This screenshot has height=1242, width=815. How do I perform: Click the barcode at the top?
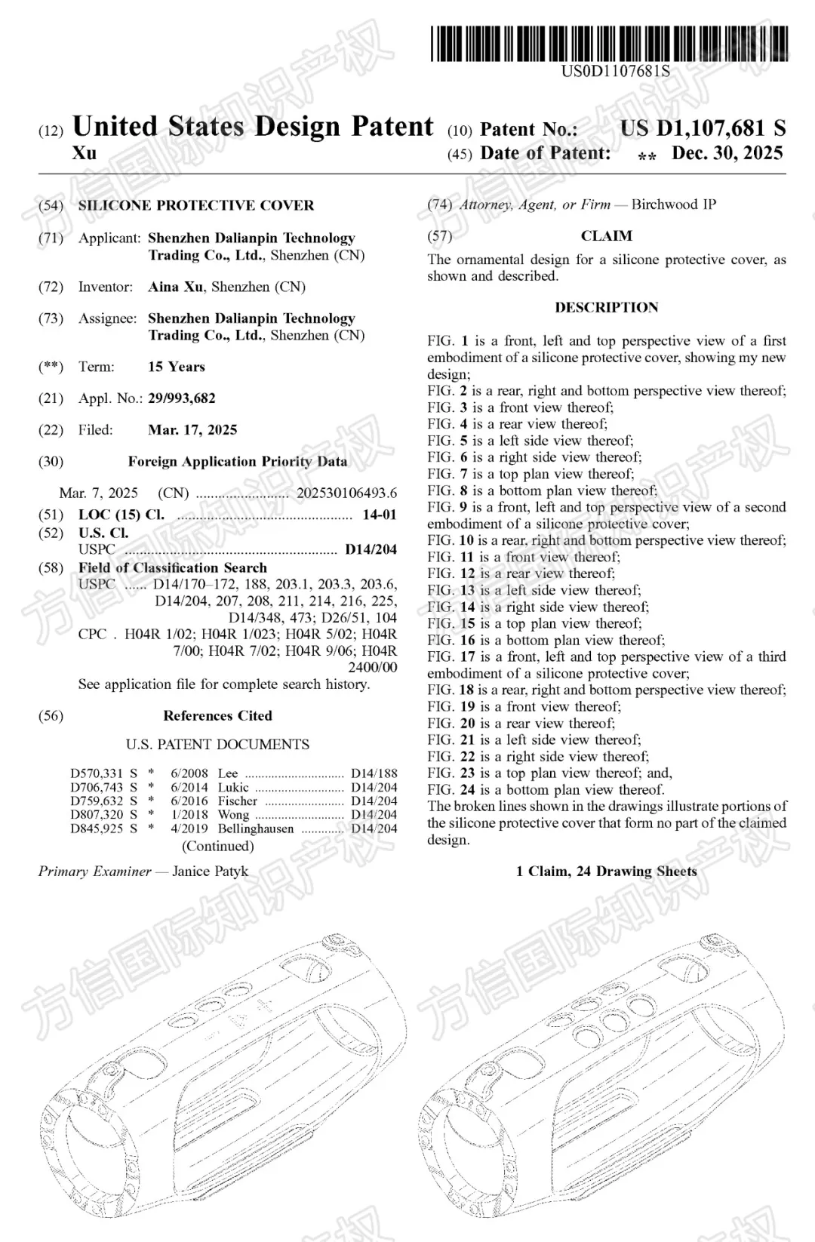coord(610,43)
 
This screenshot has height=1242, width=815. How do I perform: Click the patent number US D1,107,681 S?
coord(703,128)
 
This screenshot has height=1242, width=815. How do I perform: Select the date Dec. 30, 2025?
coord(727,153)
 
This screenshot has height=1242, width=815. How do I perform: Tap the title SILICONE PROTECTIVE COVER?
coord(196,205)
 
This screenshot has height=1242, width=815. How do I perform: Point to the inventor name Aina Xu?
coord(176,287)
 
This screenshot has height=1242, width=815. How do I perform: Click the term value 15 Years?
coord(177,367)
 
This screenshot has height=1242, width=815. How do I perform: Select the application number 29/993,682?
coord(182,398)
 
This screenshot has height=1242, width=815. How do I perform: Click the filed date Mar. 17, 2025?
coord(192,430)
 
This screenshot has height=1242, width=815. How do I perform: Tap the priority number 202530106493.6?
coord(346,493)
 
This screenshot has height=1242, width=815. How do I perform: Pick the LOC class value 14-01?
coord(379,515)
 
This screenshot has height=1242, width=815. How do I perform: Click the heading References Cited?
coord(217,715)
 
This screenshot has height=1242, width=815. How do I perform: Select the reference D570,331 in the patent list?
coord(97,773)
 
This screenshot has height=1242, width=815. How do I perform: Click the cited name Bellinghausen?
coord(256,829)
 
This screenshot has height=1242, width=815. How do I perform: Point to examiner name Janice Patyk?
coord(210,872)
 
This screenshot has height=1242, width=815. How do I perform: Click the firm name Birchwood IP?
coord(674,204)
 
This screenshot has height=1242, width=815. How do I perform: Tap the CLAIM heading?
coord(606,236)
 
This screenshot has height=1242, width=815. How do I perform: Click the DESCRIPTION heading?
coord(606,308)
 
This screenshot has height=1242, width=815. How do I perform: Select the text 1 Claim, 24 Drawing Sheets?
coord(606,872)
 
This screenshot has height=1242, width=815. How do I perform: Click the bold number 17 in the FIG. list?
coord(467,656)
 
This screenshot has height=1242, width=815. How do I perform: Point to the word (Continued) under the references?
coord(217,846)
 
